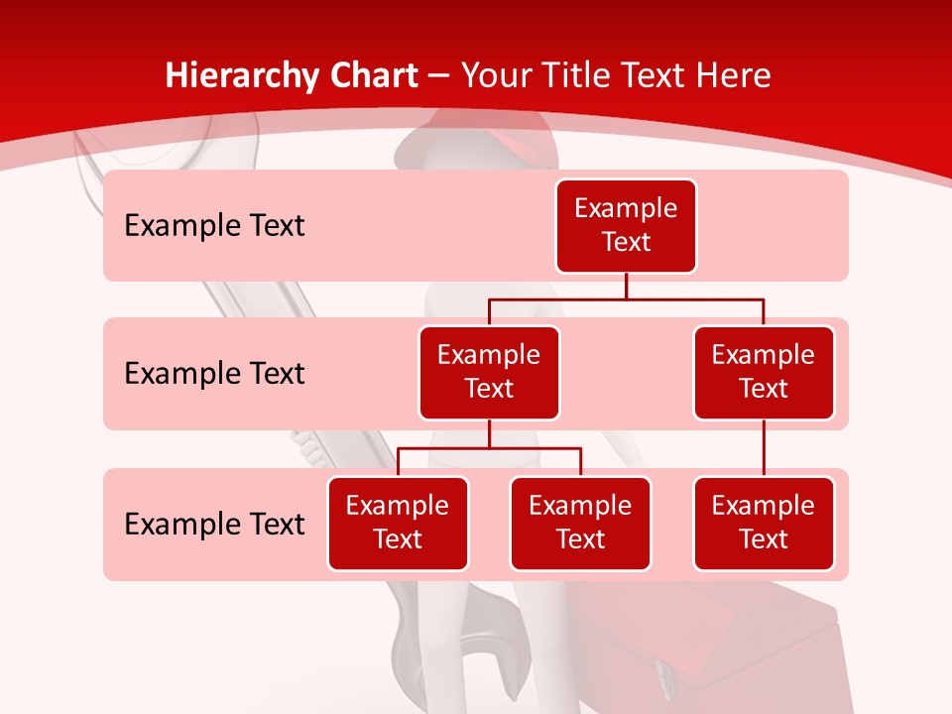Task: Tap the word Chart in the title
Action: click(x=371, y=76)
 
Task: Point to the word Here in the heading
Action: click(x=733, y=76)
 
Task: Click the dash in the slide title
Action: click(x=440, y=76)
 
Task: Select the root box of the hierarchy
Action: click(x=626, y=226)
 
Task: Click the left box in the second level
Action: click(x=489, y=373)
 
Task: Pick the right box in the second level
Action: click(x=764, y=373)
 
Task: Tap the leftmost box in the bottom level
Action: click(x=398, y=524)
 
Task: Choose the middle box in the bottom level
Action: click(x=580, y=524)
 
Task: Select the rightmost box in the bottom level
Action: click(x=764, y=524)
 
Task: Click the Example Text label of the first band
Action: click(x=214, y=226)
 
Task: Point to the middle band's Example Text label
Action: click(x=214, y=374)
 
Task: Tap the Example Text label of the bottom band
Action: click(x=214, y=524)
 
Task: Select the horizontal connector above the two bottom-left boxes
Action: click(x=489, y=448)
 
